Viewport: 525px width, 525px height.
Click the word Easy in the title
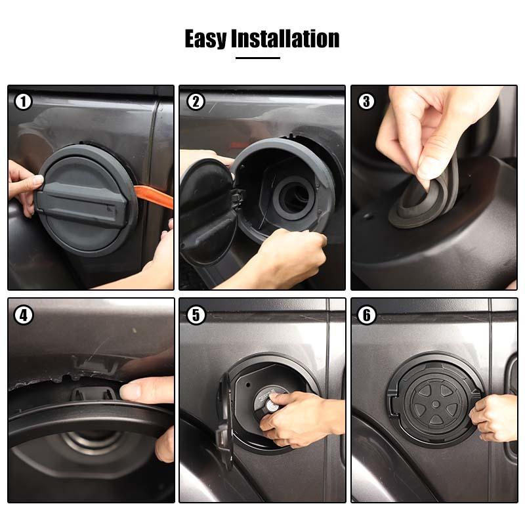(205, 39)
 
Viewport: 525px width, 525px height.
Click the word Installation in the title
(285, 39)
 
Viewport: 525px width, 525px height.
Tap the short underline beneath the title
(258, 58)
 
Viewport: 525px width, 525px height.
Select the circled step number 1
(23, 101)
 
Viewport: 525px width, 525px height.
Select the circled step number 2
(196, 101)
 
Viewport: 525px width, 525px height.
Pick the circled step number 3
(366, 101)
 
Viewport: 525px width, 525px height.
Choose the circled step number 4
(24, 315)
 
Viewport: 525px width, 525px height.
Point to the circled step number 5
(196, 315)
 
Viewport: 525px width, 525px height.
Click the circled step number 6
(367, 315)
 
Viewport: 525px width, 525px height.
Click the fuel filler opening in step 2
(295, 198)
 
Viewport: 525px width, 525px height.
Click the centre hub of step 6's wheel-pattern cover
(436, 404)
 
